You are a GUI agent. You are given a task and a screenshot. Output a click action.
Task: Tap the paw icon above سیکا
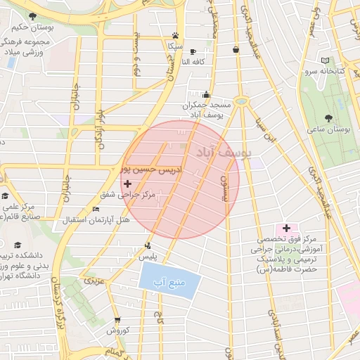coord(174,36)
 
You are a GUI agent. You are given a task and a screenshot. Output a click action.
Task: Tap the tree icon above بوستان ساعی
coord(329,117)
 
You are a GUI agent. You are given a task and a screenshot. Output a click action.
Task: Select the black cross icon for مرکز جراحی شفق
coord(127,183)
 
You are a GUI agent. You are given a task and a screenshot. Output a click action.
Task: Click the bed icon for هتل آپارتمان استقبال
coord(96,209)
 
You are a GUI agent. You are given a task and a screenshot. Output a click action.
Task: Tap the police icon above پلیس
coord(148,245)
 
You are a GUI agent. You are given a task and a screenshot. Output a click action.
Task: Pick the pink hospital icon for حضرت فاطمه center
coord(286,228)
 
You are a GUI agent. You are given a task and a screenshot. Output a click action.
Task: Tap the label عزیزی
coord(94,281)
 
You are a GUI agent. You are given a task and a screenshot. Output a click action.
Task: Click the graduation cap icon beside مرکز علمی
coord(6,195)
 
